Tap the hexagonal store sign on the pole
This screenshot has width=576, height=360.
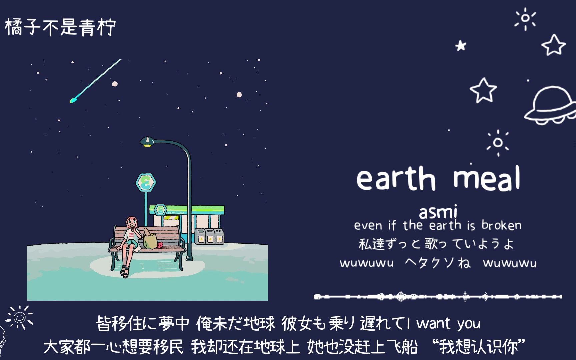(146, 182)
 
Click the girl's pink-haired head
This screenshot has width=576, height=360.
(131, 222)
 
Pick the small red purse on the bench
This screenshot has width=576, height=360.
(160, 245)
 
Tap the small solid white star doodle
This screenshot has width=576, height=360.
(461, 46)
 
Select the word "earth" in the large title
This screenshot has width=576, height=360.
(396, 179)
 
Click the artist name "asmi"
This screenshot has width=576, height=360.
(438, 212)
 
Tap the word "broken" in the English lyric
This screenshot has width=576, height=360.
(501, 226)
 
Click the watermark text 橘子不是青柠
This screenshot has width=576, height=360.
(60, 27)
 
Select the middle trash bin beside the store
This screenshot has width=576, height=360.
(210, 236)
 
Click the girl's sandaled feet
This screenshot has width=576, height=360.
(125, 272)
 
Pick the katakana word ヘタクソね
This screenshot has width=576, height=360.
(438, 263)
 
